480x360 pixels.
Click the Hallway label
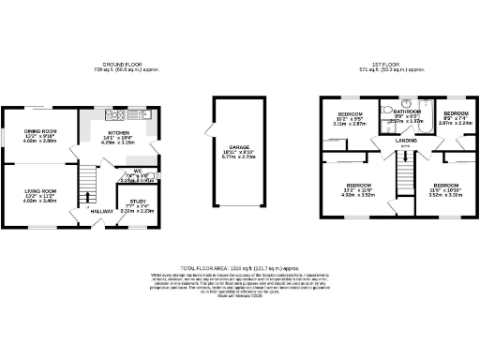tap(101, 211)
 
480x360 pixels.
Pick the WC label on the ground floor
tap(137, 171)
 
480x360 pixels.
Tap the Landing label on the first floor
tap(407, 142)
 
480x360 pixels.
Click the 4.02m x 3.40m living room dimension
tap(42, 201)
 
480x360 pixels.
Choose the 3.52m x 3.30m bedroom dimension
tap(444, 196)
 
